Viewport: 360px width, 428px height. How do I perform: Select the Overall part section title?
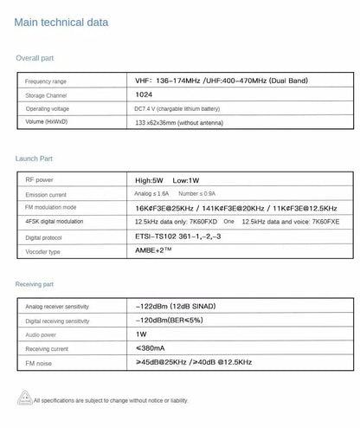coord(35,58)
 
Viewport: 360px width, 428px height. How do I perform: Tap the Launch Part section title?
coord(35,159)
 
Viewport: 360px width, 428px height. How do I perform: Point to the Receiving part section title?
coord(35,283)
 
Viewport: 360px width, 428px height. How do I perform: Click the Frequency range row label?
coord(46,81)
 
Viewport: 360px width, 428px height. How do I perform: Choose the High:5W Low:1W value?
coord(162,180)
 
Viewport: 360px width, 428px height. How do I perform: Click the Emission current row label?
coord(45,196)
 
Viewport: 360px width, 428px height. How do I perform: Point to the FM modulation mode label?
coord(50,209)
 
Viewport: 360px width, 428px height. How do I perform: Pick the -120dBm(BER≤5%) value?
coord(170,320)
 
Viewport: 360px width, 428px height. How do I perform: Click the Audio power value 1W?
coord(141,334)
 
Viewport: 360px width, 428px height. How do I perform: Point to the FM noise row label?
coord(39,363)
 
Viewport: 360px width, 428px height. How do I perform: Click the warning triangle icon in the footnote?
coord(24,400)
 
